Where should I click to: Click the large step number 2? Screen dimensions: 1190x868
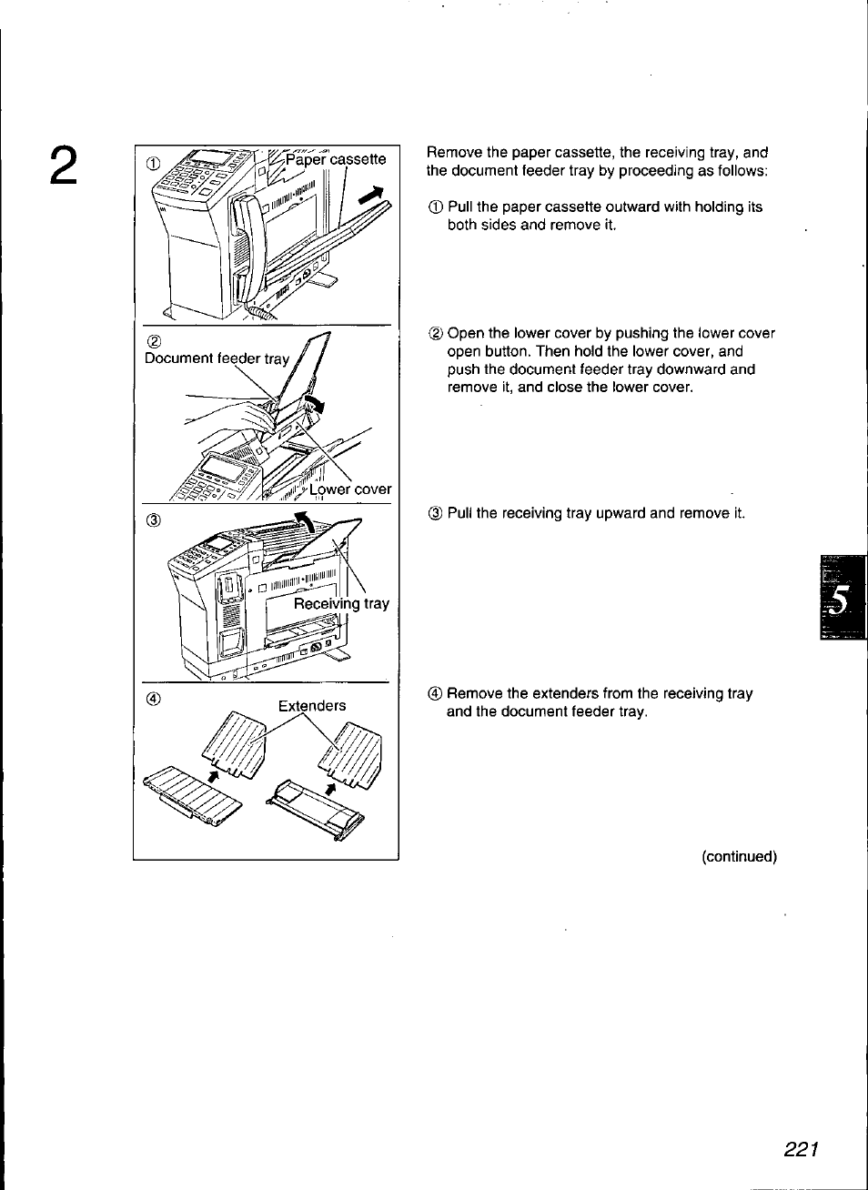pos(62,166)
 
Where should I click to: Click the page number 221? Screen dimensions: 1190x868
pos(802,1149)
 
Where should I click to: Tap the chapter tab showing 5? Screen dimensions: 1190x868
pos(842,599)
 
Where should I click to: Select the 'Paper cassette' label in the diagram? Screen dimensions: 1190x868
pos(336,159)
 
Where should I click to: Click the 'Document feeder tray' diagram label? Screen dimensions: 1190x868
pos(217,358)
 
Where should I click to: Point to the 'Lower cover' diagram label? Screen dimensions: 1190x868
pos(350,489)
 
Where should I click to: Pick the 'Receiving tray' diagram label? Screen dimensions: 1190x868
pos(341,603)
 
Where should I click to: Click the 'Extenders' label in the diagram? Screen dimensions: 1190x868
pos(312,705)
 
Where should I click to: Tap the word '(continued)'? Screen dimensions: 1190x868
pos(739,856)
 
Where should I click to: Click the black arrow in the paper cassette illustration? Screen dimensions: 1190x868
pos(372,196)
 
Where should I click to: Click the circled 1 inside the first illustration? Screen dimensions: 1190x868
pos(153,163)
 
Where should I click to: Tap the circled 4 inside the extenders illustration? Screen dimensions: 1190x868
pos(153,699)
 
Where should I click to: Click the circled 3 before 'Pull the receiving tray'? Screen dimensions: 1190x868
pos(435,513)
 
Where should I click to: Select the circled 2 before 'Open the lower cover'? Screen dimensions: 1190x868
pos(435,334)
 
